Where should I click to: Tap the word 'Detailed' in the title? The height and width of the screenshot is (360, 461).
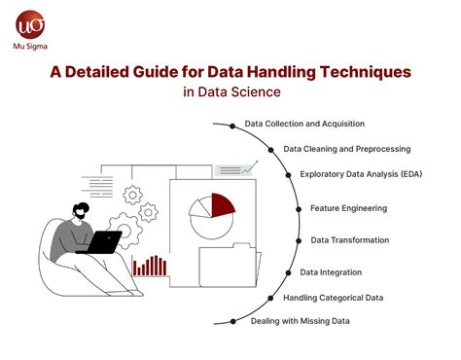click(x=141, y=71)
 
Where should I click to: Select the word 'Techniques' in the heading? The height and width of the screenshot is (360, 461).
click(x=356, y=71)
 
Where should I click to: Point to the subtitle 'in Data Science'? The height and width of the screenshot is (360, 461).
click(x=230, y=92)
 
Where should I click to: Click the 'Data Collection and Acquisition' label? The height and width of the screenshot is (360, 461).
click(x=304, y=126)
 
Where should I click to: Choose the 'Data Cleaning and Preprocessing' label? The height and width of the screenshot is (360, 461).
click(x=346, y=150)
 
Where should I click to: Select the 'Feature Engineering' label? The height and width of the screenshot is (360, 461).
click(x=348, y=208)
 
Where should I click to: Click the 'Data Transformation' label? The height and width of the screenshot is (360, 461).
click(x=350, y=239)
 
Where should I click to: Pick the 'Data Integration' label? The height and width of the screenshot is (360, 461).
click(x=331, y=272)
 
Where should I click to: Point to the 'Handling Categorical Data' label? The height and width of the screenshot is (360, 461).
click(x=333, y=297)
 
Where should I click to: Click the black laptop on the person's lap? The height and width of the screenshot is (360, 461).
click(x=102, y=241)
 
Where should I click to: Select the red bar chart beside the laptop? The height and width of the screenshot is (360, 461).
click(x=150, y=265)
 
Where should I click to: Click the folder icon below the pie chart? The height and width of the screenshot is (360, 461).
click(x=230, y=270)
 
